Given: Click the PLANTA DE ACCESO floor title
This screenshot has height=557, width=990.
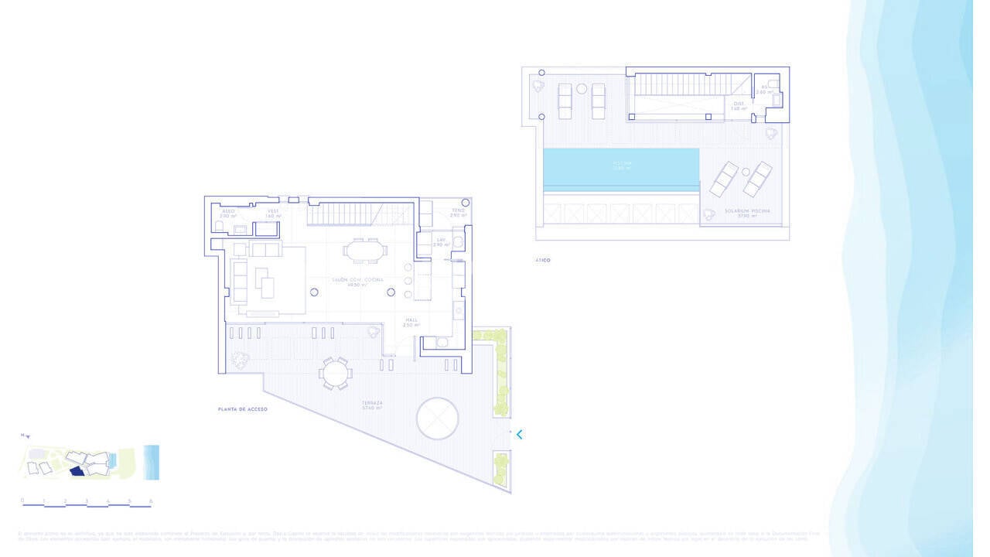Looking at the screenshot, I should click(242, 408).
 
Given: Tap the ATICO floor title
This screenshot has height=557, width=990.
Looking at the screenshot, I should click(542, 261).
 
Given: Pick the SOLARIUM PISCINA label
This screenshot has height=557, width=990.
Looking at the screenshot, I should click(741, 212).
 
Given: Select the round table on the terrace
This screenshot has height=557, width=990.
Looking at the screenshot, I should click(336, 374).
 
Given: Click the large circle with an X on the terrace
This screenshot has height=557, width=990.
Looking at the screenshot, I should click(438, 419).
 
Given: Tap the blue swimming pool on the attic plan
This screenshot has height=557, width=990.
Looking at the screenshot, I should click(621, 167).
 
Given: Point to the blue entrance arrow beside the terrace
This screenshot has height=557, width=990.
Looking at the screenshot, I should click(519, 435).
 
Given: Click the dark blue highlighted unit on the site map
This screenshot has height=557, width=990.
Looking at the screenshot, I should click(77, 470).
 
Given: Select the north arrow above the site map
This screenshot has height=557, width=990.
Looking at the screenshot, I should click(26, 436).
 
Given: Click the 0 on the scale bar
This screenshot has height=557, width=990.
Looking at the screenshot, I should click(22, 501).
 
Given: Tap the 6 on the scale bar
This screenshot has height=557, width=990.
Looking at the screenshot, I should click(151, 501).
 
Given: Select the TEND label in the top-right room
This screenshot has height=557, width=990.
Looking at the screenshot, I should click(459, 211).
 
